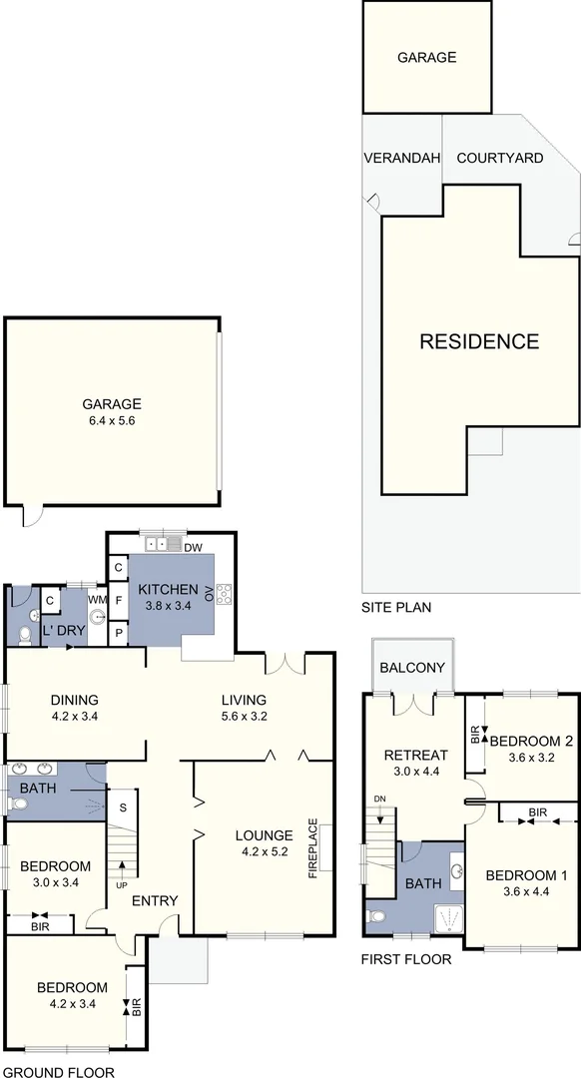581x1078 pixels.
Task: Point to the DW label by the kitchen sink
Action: (194, 546)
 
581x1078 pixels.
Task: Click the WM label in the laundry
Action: (97, 599)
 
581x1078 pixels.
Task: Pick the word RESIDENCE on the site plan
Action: (478, 341)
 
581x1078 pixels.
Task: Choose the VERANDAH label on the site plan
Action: (399, 158)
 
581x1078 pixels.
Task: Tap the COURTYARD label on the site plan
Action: (499, 158)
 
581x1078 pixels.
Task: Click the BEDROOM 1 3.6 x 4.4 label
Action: (526, 884)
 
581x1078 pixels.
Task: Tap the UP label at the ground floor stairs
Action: (122, 884)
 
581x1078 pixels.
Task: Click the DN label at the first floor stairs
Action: (379, 800)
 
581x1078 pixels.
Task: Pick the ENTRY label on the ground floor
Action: (155, 901)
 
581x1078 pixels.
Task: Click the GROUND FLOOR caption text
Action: (57, 1072)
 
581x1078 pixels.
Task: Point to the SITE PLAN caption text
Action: (396, 607)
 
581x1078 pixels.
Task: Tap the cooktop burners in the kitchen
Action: (224, 593)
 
